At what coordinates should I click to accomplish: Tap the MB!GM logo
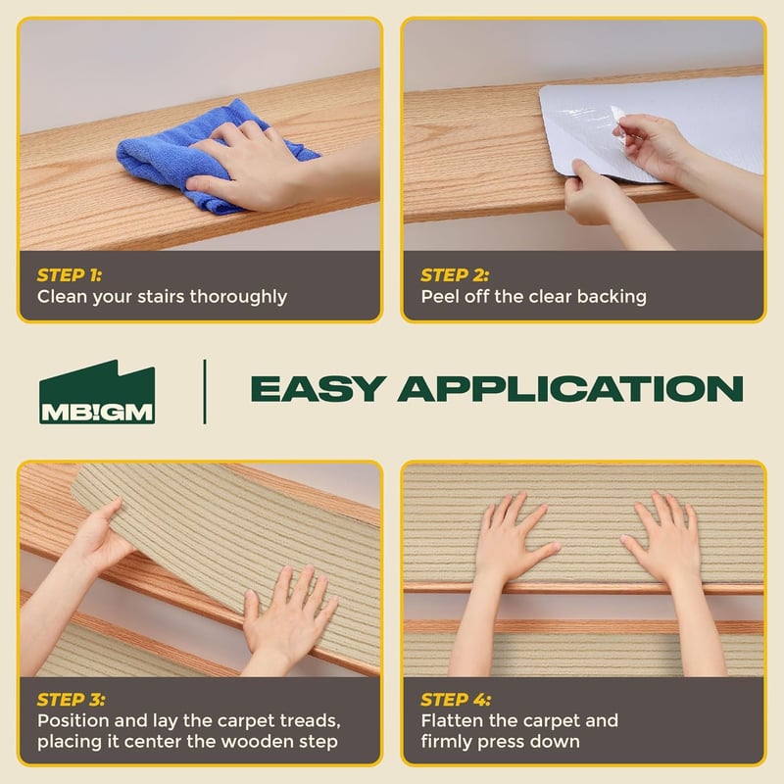coord(97,392)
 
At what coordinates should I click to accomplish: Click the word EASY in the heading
coord(318,389)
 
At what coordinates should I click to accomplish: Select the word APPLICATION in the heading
coord(570,389)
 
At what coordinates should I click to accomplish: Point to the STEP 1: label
coord(70,275)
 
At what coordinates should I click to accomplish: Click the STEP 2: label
coord(455,275)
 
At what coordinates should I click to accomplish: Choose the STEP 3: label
coord(71,699)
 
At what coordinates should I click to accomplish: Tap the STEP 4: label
coord(456,699)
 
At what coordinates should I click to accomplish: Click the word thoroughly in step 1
coord(238,297)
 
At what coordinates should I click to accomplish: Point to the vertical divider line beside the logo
coord(205,391)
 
